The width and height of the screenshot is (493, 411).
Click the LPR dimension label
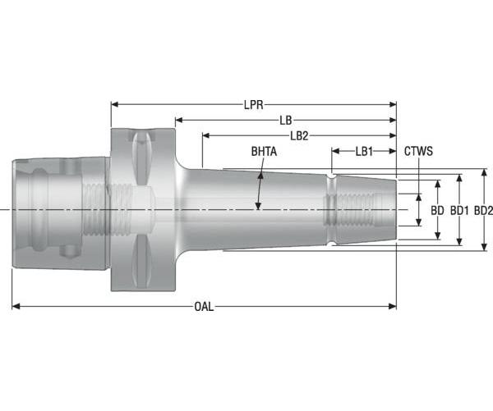click(x=253, y=105)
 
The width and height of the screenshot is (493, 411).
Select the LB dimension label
click(x=285, y=120)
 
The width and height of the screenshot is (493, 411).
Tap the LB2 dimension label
click(x=299, y=135)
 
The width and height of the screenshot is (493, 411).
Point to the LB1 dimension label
click(x=364, y=152)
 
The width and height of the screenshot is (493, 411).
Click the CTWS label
click(x=418, y=152)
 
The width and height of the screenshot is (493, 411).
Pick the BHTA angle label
click(x=264, y=152)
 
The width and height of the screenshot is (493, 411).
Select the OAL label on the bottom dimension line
click(x=204, y=307)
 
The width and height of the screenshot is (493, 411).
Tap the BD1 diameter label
click(x=458, y=211)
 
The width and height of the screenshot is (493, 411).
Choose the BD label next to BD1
click(x=437, y=211)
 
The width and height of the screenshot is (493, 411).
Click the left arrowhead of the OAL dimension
click(x=16, y=307)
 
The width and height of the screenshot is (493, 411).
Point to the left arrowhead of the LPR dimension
click(x=115, y=105)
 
